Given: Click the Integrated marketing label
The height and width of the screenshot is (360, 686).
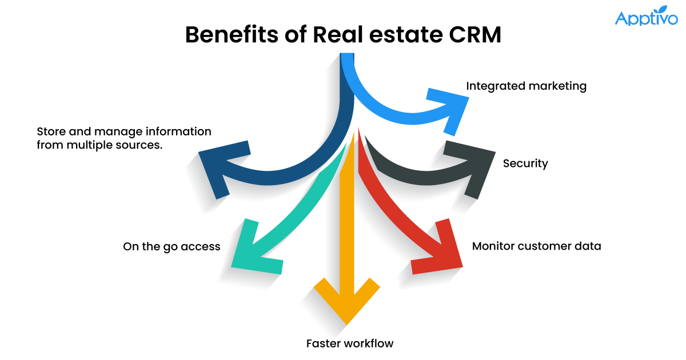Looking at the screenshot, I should point(527,86).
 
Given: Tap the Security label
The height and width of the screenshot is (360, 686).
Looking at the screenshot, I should point(525,164).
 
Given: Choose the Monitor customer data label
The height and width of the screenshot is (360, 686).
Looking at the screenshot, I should point(536,247).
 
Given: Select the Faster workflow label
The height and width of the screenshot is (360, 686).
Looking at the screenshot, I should point(350,343).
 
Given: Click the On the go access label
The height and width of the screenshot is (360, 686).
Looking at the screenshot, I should point(171,247).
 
